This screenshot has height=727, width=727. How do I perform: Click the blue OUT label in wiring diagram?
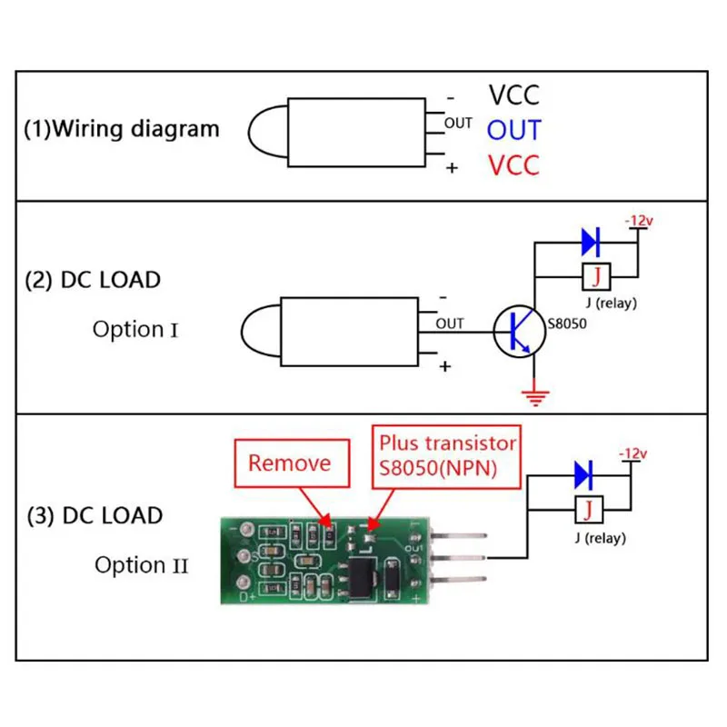tap(513, 130)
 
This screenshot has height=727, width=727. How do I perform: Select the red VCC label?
tap(513, 165)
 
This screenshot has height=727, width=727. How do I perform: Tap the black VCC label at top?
tap(513, 95)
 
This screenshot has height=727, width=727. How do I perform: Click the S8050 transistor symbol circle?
tap(520, 331)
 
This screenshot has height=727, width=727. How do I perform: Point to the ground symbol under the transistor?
tap(536, 394)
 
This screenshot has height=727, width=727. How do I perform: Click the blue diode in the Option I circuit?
tap(591, 242)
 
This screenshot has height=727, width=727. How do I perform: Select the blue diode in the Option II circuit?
tap(584, 473)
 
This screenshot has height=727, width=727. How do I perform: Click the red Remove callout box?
tap(290, 463)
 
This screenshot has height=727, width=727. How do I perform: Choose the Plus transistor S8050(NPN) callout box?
tap(447, 455)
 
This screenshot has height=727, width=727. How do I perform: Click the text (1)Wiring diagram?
tap(122, 128)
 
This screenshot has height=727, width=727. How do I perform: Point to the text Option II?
tap(142, 565)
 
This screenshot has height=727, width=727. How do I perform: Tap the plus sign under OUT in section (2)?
tap(445, 366)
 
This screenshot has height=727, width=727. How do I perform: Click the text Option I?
tap(135, 329)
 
